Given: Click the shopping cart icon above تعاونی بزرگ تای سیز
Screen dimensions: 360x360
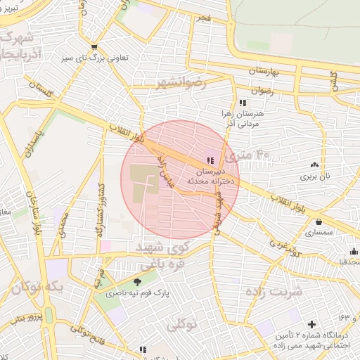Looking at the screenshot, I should (94, 48).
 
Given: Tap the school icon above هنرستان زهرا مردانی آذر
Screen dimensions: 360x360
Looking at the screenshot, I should (243, 102).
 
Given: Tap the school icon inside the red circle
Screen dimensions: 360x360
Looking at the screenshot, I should (210, 160).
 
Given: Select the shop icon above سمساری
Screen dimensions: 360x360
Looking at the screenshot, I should (319, 222).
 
